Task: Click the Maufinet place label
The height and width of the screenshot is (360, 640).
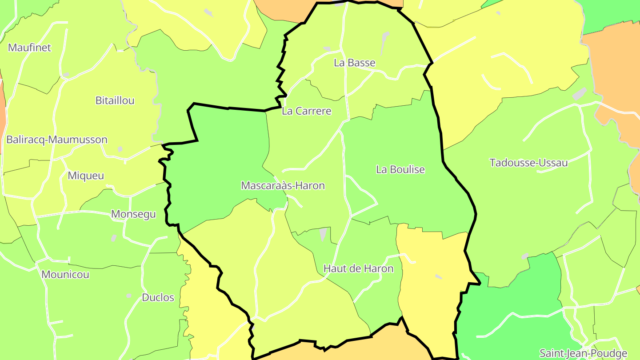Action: (x=30, y=48)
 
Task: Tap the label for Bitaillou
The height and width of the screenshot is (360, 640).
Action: (x=115, y=100)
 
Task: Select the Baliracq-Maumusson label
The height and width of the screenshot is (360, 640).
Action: (x=57, y=140)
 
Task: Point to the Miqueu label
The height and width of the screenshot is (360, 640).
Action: (x=86, y=176)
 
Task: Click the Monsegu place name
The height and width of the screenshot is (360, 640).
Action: (x=133, y=214)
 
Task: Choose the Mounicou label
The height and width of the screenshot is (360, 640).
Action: (x=65, y=274)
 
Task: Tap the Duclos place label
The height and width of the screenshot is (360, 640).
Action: (x=158, y=297)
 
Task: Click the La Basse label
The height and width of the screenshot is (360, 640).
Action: (x=355, y=63)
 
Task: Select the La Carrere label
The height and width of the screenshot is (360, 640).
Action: (x=307, y=111)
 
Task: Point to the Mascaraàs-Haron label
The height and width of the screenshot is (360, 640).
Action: (x=283, y=185)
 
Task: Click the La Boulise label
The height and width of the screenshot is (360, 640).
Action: (x=400, y=169)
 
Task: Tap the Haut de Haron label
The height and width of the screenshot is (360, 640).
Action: (x=358, y=268)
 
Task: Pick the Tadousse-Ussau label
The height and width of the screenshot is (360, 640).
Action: (x=528, y=163)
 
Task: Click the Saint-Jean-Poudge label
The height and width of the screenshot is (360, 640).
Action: (x=583, y=353)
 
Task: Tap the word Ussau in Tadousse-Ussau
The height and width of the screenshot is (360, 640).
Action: (x=553, y=163)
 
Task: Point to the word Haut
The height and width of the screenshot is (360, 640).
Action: (x=333, y=268)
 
